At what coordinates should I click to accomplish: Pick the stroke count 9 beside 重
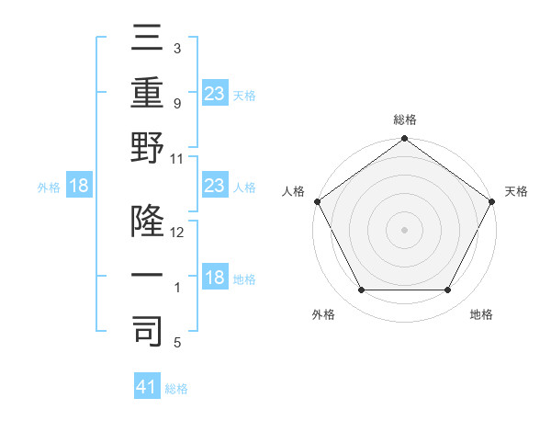(x=177, y=104)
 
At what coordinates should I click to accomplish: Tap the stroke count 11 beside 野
(x=177, y=158)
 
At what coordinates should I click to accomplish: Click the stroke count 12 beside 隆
(x=177, y=233)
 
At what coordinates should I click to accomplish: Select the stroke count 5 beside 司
(x=177, y=343)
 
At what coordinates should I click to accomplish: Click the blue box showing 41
(x=147, y=387)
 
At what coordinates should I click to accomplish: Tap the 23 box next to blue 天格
(x=214, y=93)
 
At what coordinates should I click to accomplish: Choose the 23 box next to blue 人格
(x=214, y=186)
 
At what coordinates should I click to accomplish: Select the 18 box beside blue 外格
(x=79, y=186)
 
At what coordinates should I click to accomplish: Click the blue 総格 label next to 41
(x=176, y=389)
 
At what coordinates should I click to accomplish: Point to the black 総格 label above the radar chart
(x=404, y=119)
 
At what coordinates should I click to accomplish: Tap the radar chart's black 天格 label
(x=516, y=191)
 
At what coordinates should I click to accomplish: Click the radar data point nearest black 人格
(x=317, y=201)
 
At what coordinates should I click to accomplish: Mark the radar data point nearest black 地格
(x=448, y=290)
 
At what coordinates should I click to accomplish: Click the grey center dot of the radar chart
(x=404, y=230)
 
